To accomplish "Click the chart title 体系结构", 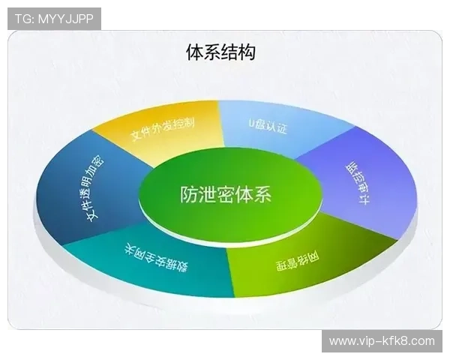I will click(220, 52).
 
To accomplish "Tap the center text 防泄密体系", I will click(226, 195).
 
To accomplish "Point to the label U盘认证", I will click(268, 125).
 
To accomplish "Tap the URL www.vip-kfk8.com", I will click(382, 341).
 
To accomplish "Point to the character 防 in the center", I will click(189, 195).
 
